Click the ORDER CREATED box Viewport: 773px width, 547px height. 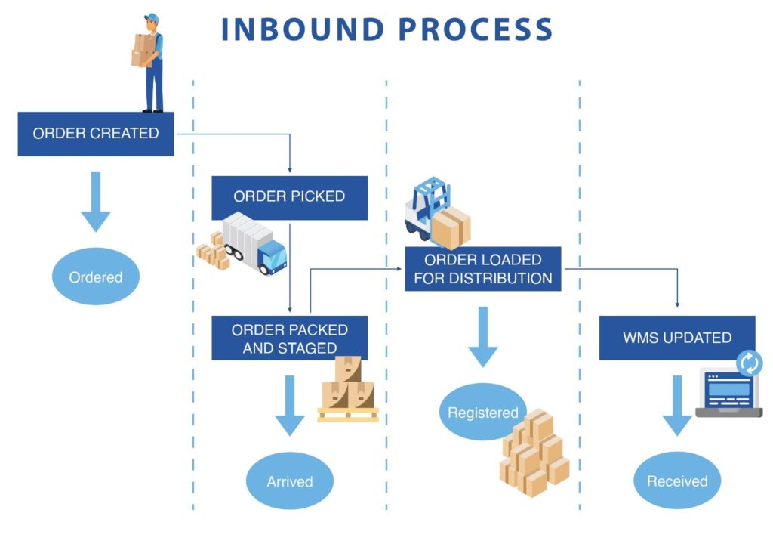tap(96, 134)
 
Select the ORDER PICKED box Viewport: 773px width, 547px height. tap(289, 197)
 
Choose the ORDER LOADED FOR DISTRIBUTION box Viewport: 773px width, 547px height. tap(483, 268)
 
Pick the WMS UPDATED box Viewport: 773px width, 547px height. tap(677, 338)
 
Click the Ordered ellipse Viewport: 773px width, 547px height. tap(96, 277)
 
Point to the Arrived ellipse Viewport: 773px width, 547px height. tap(289, 481)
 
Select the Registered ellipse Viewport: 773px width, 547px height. tap(481, 413)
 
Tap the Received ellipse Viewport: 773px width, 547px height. tap(677, 481)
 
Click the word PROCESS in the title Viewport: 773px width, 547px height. tap(476, 29)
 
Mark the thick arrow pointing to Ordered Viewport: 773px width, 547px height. tap(96, 201)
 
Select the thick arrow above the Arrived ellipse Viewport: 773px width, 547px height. tap(289, 405)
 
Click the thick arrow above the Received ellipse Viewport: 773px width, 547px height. tap(677, 405)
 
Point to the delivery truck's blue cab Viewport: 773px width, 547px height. tap(271, 255)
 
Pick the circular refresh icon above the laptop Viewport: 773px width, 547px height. tap(750, 363)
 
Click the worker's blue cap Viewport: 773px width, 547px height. tap(152, 17)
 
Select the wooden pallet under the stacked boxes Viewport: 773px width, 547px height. tap(348, 414)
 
